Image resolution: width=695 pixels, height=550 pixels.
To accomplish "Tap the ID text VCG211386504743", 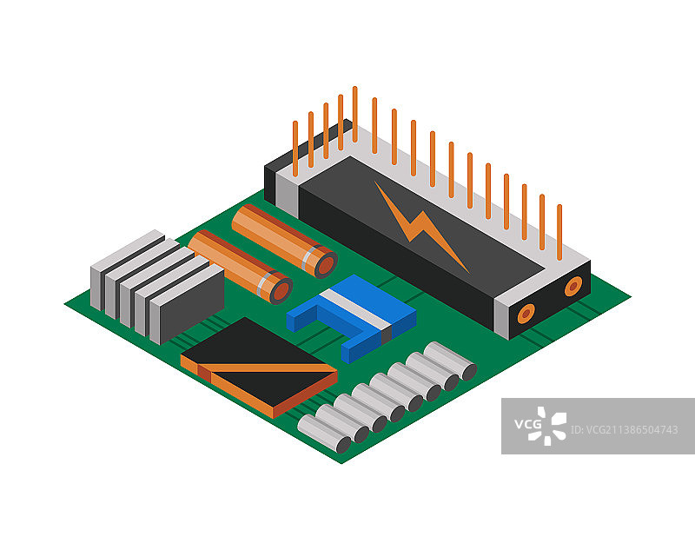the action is pyautogui.click(x=624, y=430).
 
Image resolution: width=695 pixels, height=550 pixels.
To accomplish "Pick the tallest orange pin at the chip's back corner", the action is pyautogui.click(x=355, y=115).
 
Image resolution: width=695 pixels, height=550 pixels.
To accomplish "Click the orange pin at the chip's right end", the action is pyautogui.click(x=559, y=232).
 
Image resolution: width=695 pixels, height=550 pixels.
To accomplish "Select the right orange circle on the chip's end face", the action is pyautogui.click(x=573, y=287).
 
